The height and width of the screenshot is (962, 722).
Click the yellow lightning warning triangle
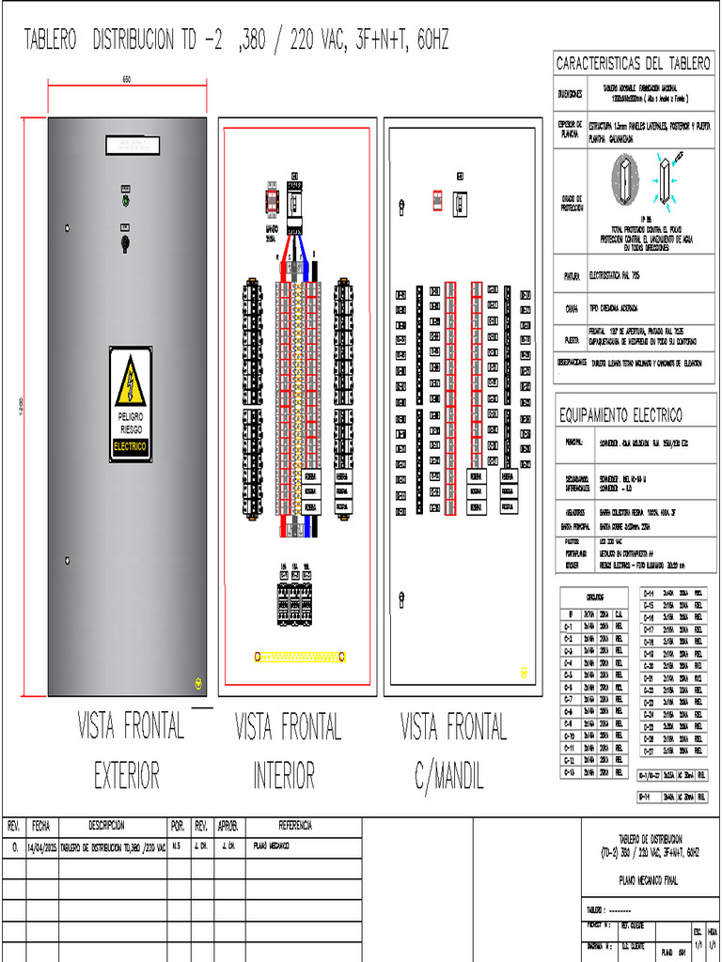130,385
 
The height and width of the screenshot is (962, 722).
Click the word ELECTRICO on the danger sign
130,447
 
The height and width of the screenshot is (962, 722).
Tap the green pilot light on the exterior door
125,200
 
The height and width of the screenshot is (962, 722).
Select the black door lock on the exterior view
125,242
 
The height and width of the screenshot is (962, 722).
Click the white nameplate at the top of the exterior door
132,146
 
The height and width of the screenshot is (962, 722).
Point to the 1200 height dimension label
20,406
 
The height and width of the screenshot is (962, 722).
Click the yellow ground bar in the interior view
300,657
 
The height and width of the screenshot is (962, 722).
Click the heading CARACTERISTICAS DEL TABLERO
634,64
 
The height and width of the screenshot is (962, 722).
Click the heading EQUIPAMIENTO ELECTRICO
620,415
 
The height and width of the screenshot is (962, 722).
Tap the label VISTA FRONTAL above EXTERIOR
130,726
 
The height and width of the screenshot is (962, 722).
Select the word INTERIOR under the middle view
284,775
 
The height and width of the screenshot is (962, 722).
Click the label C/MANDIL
449,775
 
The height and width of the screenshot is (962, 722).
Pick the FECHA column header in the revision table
41,826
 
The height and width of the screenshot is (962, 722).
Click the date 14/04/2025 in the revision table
41,846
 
